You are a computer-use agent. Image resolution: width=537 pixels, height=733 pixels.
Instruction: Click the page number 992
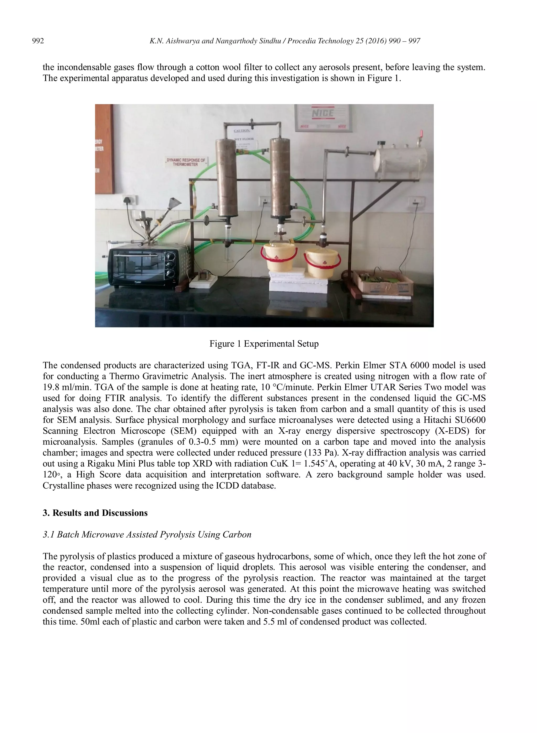coord(38,41)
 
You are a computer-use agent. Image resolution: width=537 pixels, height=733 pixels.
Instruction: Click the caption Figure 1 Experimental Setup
coord(264,344)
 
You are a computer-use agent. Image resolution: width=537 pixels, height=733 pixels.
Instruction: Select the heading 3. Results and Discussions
coord(95,513)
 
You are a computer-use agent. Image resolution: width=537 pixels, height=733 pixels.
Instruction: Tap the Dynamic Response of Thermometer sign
coord(186,162)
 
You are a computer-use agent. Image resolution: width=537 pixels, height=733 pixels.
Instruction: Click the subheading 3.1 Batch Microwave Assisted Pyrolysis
coord(147,535)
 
